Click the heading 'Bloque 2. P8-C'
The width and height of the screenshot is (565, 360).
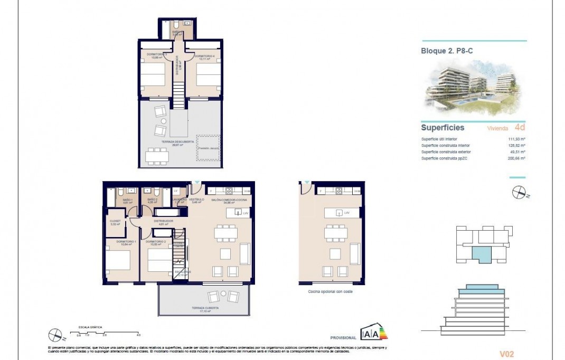[x=446, y=51]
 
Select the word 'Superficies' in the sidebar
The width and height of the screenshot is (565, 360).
[x=442, y=128]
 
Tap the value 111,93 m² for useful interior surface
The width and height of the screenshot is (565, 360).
[x=516, y=139]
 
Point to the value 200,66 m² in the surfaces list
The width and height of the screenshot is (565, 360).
[x=516, y=158]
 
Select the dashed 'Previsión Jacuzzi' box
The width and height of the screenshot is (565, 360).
[x=209, y=148]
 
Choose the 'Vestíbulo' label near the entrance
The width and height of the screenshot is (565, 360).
[x=197, y=200]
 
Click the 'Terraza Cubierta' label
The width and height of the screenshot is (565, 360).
[x=206, y=308]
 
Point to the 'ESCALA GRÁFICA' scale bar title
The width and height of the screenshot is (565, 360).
[x=90, y=327]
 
